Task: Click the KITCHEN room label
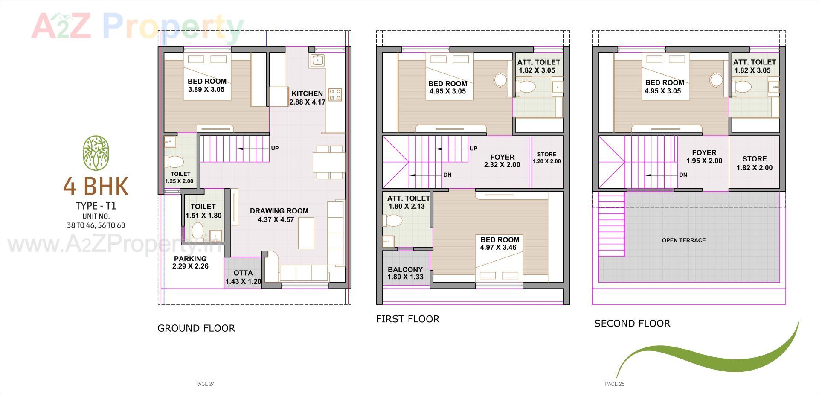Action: pos(307,93)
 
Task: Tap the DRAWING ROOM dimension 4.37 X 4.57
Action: pos(276,220)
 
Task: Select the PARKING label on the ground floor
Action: pos(190,259)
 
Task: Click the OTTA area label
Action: pos(243,273)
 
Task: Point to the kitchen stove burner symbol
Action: pos(335,95)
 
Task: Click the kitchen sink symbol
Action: pos(317,60)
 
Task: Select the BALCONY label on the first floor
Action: pos(405,270)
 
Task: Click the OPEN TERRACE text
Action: pos(683,240)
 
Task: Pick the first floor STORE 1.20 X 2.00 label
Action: pos(546,158)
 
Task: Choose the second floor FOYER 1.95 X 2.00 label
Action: pos(704,157)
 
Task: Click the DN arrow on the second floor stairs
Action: pos(662,175)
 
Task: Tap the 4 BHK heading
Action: pos(96,186)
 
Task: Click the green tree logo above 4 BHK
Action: pos(96,153)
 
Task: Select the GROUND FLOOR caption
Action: pos(196,328)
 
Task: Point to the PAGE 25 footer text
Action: pos(614,384)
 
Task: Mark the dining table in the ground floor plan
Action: pos(328,162)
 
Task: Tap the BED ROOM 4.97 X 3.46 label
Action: pos(500,243)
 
